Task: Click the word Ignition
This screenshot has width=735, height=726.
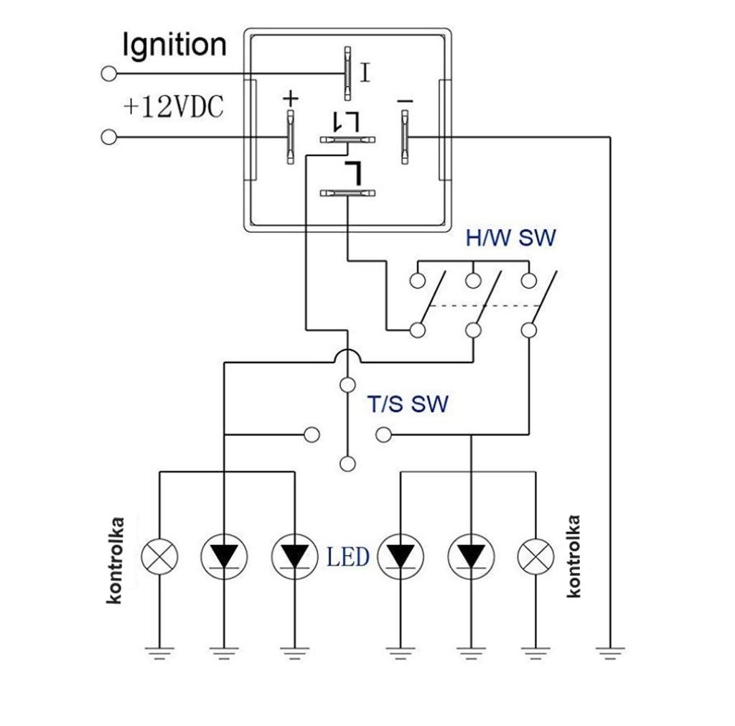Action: tap(174, 45)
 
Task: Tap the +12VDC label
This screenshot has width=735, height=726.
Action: tap(173, 108)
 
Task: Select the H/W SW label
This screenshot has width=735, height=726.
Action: tap(510, 238)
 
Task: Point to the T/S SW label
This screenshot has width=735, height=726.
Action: tap(408, 404)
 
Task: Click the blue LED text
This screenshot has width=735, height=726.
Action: tap(348, 557)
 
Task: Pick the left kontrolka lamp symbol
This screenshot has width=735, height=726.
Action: tap(159, 557)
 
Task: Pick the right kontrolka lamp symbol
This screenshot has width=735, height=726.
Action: tap(535, 557)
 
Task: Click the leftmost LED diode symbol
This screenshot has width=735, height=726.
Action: tap(224, 557)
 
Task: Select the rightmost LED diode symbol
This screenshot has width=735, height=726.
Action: tap(470, 557)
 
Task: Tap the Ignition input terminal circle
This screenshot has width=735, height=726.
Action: tap(109, 73)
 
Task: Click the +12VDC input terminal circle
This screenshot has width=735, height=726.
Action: tap(109, 136)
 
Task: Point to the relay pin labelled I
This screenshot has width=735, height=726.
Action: tap(347, 73)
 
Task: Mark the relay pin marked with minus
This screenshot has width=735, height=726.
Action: tap(405, 136)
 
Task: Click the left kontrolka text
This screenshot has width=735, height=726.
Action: tap(116, 560)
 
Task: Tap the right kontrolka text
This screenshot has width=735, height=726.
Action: tap(574, 557)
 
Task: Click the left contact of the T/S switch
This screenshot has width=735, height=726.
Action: tap(312, 434)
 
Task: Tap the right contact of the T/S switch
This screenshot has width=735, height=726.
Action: tap(384, 434)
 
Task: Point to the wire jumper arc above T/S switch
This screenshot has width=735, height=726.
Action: tap(347, 355)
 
